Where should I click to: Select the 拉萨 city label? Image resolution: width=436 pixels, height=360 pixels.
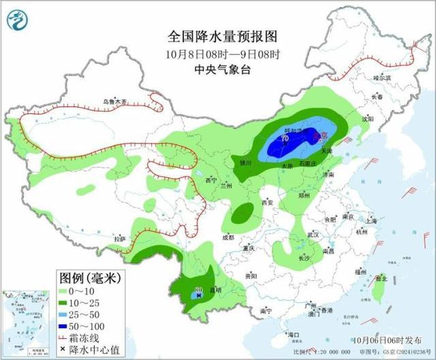coord(120,239)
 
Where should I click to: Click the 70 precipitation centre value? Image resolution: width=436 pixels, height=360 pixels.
coord(284,139)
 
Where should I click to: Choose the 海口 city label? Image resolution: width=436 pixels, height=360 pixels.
coord(294,335)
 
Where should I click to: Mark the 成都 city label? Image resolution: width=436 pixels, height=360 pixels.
coord(228,238)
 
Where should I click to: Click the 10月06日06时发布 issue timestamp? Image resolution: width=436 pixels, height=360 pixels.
coord(385,339)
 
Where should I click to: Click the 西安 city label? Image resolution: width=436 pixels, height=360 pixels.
coord(267,202)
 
